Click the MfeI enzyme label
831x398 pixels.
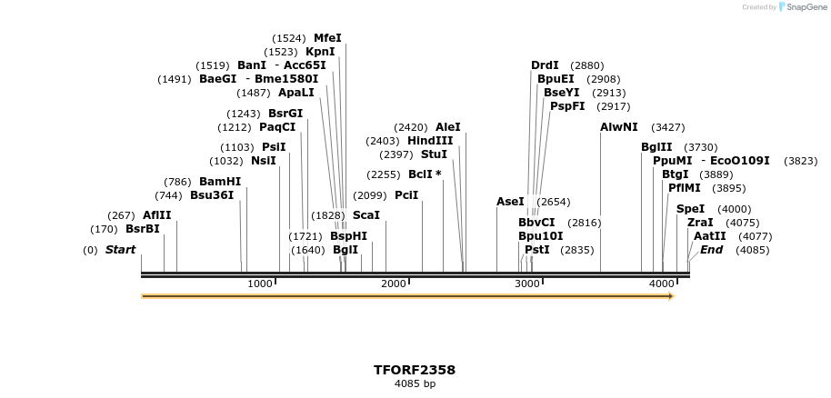pos(327,38)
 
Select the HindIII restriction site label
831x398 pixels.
pos(430,141)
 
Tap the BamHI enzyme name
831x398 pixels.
pos(220,182)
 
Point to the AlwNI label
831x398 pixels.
pos(619,127)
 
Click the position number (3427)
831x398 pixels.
pos(668,127)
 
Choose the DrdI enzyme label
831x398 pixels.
pos(545,65)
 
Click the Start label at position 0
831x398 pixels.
pos(120,250)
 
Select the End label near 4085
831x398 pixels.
pos(711,250)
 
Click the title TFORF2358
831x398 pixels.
pos(415,371)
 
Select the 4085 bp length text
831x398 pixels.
pos(415,384)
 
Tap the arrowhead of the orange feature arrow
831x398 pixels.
pos(671,296)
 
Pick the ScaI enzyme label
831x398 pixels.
pos(365,215)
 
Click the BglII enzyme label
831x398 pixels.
pos(656,147)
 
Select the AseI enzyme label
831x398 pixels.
pos(510,202)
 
